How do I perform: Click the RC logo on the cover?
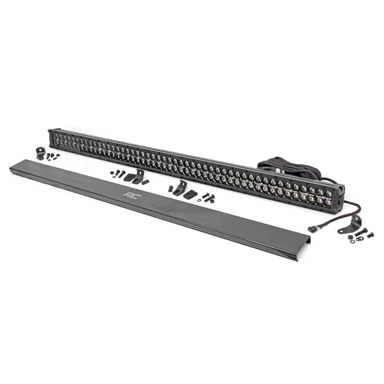[130, 195]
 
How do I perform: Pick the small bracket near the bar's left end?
[40, 153]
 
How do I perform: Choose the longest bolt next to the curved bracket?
[360, 232]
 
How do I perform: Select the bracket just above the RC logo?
[138, 176]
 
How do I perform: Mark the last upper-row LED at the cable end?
[329, 193]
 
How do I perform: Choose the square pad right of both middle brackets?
[190, 194]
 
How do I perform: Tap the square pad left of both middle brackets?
[129, 177]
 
